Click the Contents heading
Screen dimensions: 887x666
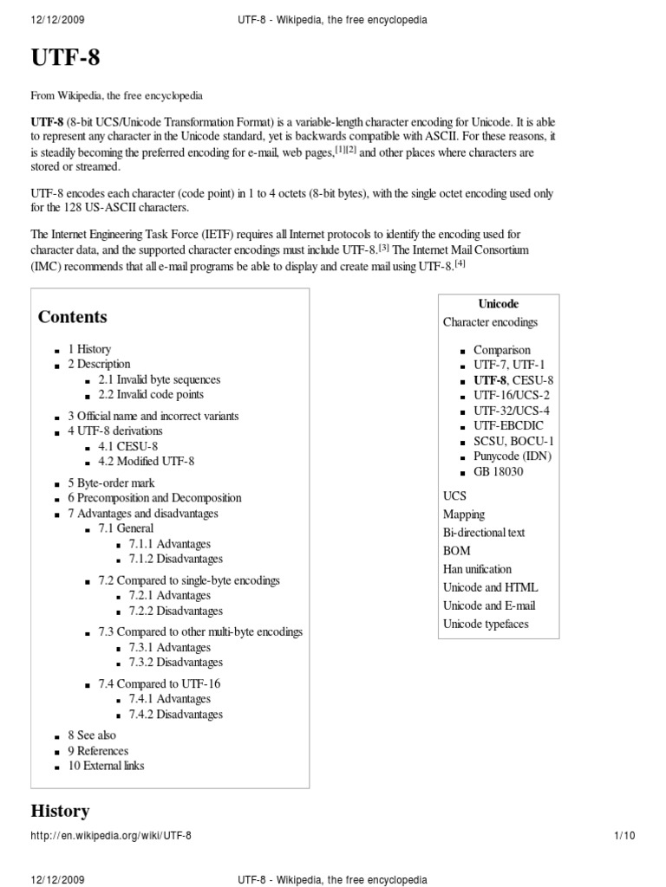(x=72, y=317)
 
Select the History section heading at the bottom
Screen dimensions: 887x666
(x=60, y=811)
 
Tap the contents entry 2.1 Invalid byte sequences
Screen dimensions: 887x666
(x=159, y=379)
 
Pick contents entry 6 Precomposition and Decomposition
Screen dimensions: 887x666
(x=154, y=498)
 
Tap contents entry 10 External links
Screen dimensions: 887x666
(x=106, y=766)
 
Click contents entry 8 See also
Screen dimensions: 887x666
(x=91, y=735)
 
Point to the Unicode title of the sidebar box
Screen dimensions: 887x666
(x=499, y=304)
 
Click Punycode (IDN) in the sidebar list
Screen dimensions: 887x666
(x=512, y=456)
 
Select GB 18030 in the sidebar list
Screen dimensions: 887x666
(x=499, y=471)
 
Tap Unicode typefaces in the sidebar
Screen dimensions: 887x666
(x=485, y=624)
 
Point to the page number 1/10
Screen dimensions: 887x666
(x=624, y=836)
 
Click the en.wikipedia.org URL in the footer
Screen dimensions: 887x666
(x=111, y=836)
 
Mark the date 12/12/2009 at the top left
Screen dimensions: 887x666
(x=58, y=19)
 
